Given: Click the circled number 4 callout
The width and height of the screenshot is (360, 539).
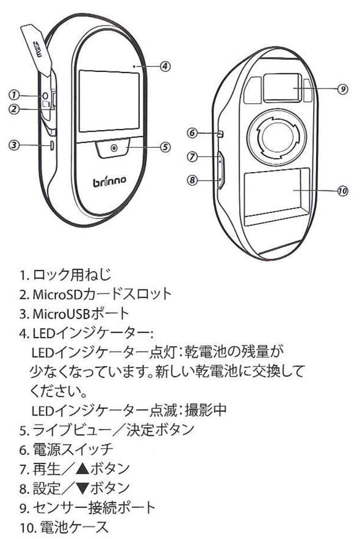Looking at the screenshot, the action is pyautogui.click(x=165, y=66).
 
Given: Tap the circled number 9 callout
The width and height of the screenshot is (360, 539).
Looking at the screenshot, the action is pyautogui.click(x=342, y=89).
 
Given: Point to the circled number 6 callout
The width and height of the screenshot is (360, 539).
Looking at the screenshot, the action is pyautogui.click(x=192, y=132).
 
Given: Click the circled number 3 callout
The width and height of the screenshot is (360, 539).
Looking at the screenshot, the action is pyautogui.click(x=14, y=145).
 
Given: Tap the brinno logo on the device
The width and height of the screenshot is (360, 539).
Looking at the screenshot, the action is pyautogui.click(x=110, y=180).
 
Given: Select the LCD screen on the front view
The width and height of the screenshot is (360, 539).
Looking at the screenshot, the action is pyautogui.click(x=109, y=101).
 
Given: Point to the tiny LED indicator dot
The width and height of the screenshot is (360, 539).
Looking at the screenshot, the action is pyautogui.click(x=134, y=65).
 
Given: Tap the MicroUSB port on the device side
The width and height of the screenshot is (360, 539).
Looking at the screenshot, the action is pyautogui.click(x=52, y=145).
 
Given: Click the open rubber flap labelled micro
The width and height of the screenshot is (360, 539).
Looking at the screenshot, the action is pyautogui.click(x=37, y=48).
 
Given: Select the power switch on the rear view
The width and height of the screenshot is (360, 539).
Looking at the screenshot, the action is pyautogui.click(x=220, y=134).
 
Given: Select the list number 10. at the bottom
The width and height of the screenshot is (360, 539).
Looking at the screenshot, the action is pyautogui.click(x=28, y=527).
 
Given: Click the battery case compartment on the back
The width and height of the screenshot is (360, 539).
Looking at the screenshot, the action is pyautogui.click(x=277, y=197).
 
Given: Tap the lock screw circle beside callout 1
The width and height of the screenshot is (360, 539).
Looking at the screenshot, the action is pyautogui.click(x=45, y=95).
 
